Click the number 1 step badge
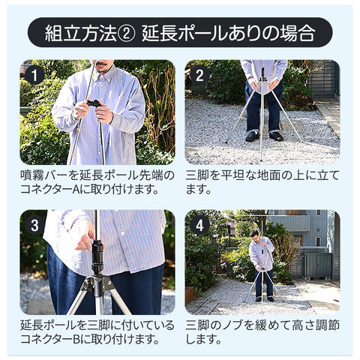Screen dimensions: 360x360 pos(34,75)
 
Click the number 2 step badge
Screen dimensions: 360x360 pos(199,75)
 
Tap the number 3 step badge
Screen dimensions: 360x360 pos(34,225)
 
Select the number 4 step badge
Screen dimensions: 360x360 pos(199,225)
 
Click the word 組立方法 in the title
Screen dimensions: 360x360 pos(81,33)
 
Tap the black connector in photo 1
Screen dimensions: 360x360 pos(94,103)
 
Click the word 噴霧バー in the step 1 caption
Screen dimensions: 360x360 pos(43,175)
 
